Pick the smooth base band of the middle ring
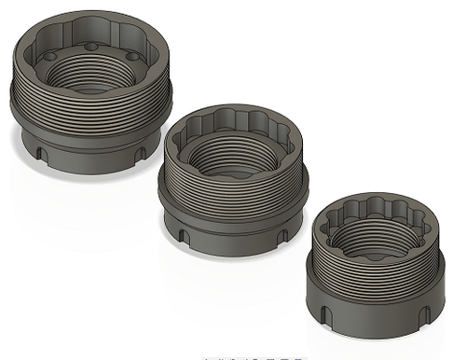[x=233, y=238]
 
